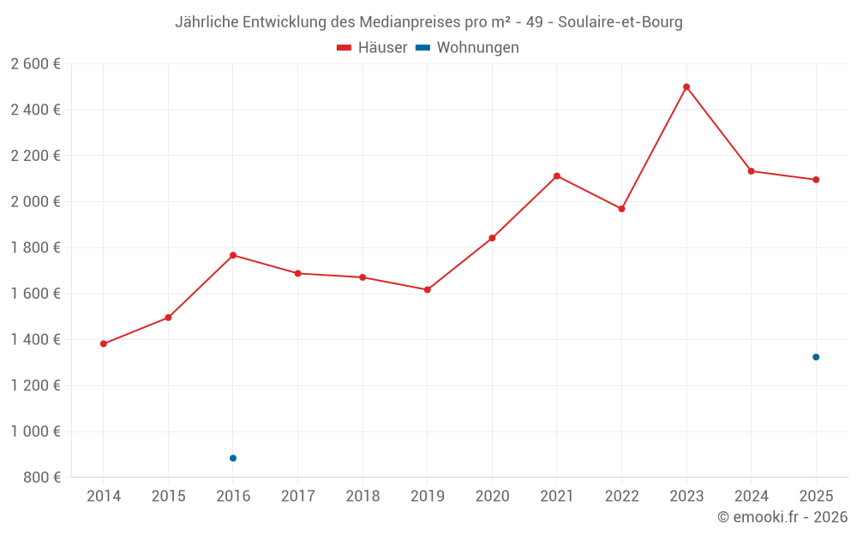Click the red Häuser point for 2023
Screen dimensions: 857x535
[x=686, y=86]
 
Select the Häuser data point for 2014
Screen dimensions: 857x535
[x=104, y=344]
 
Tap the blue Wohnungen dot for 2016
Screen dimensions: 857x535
[x=233, y=458]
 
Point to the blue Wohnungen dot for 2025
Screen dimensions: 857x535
[x=816, y=357]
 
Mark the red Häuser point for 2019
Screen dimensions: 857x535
[x=428, y=290]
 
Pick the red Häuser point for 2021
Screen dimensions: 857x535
[x=557, y=175]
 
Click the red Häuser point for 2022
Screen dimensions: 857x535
[x=621, y=209]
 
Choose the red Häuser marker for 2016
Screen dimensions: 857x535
[x=233, y=255]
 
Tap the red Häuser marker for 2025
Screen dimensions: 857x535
[x=816, y=180]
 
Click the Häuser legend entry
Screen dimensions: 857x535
[x=372, y=47]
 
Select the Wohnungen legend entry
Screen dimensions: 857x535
[x=467, y=47]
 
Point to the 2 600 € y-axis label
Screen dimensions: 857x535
[x=35, y=64]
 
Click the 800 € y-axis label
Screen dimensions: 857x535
[x=42, y=477]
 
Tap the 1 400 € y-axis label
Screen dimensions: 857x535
[x=35, y=340]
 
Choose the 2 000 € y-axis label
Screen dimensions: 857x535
[x=35, y=201]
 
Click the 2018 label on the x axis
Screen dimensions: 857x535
[x=363, y=496]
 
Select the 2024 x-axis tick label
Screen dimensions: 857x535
[x=752, y=496]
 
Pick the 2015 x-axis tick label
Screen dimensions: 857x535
[x=168, y=496]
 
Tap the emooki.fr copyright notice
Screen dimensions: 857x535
[x=782, y=516]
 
